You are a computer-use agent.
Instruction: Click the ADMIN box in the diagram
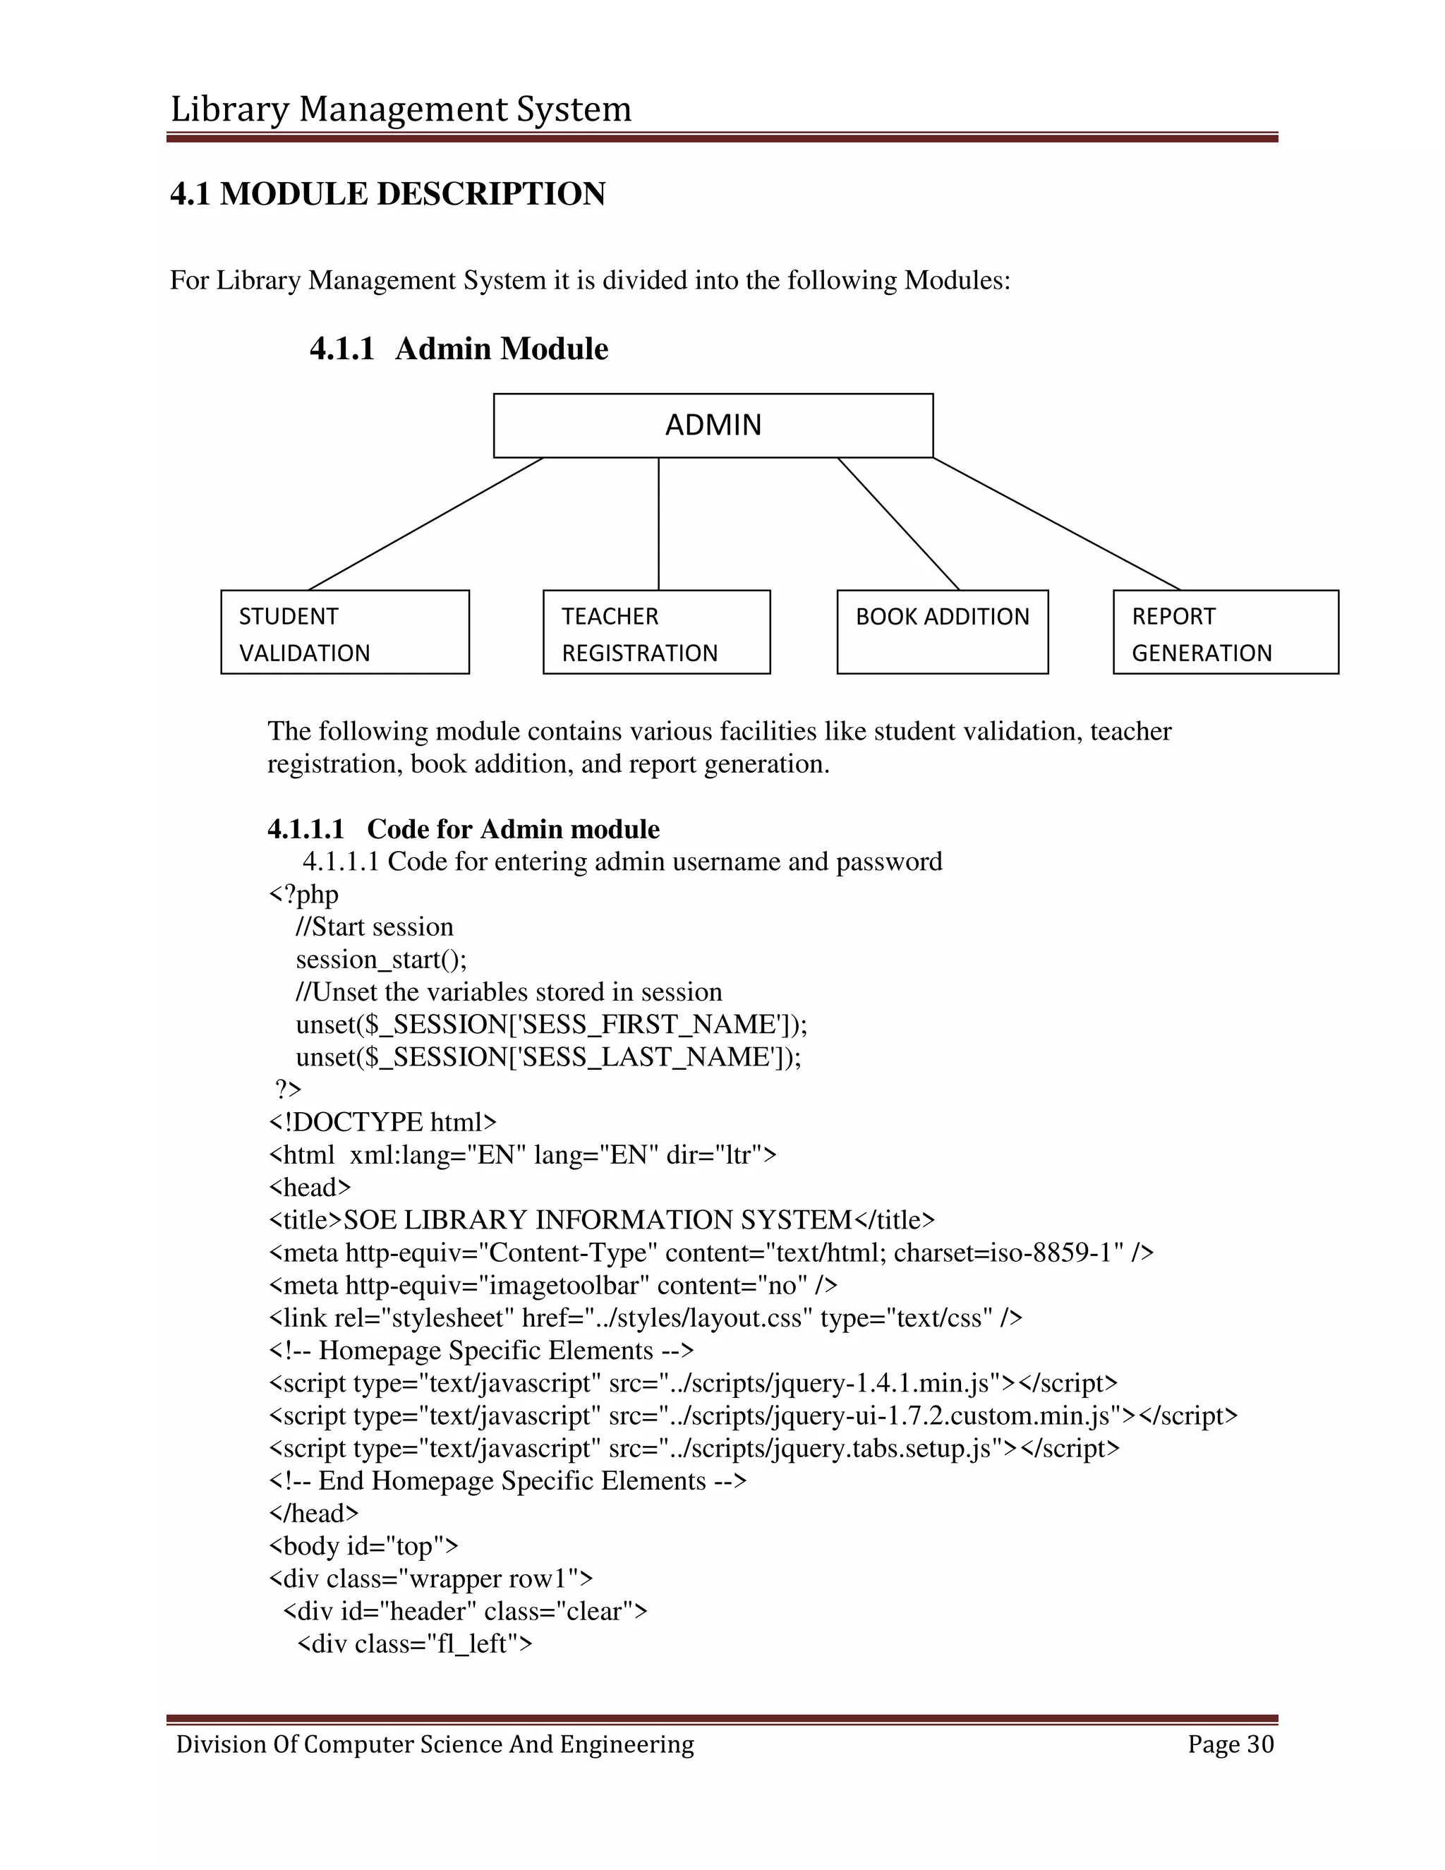pos(713,426)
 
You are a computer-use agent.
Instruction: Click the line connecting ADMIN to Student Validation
pos(425,524)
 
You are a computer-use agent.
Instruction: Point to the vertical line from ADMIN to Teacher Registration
pos(658,524)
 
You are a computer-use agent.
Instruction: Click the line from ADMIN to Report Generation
pos(1057,524)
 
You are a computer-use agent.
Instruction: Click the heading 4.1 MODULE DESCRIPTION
pos(388,194)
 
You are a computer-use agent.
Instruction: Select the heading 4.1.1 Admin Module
pos(459,349)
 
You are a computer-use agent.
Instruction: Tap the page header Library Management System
pos(401,109)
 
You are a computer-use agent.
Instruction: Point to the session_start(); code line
pos(382,959)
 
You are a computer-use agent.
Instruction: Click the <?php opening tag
pos(304,894)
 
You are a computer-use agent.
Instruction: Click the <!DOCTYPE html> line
pos(382,1123)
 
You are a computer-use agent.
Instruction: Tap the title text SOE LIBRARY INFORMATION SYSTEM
pos(598,1220)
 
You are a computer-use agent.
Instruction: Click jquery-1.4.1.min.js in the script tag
pos(882,1383)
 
